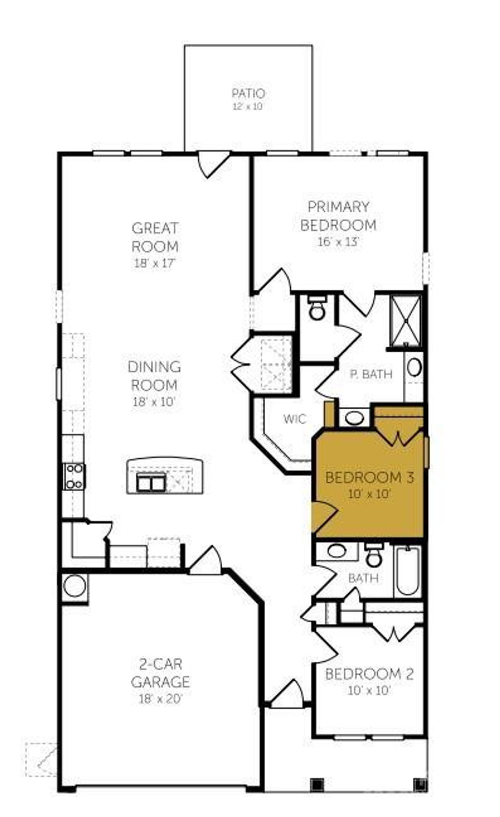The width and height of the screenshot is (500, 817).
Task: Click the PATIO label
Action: point(248,93)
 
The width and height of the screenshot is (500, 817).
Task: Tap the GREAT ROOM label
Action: point(155,237)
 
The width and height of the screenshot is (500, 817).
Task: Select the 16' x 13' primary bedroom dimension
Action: point(338,242)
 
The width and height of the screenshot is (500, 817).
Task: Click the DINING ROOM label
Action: point(155,376)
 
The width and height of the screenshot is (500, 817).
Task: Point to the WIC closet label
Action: point(295,419)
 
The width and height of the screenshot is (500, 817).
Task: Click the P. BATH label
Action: point(371,374)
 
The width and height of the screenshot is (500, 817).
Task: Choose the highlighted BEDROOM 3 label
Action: point(369,478)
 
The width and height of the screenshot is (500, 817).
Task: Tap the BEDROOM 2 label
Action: point(369,674)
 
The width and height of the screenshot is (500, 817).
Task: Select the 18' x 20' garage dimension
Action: point(161,699)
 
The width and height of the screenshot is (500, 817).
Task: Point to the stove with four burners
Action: point(74,477)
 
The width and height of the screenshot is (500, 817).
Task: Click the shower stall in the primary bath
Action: point(406,320)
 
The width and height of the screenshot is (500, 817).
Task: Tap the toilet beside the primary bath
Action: point(317,309)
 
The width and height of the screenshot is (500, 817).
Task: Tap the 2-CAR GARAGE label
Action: point(161,673)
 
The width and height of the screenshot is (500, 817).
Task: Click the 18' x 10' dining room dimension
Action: point(155,402)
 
